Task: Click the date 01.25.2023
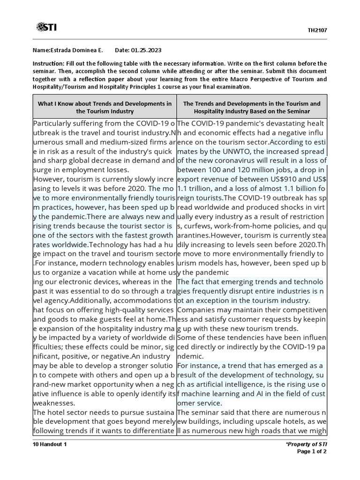point(147,50)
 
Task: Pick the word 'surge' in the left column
point(43,169)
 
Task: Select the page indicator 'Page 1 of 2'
point(312,452)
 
